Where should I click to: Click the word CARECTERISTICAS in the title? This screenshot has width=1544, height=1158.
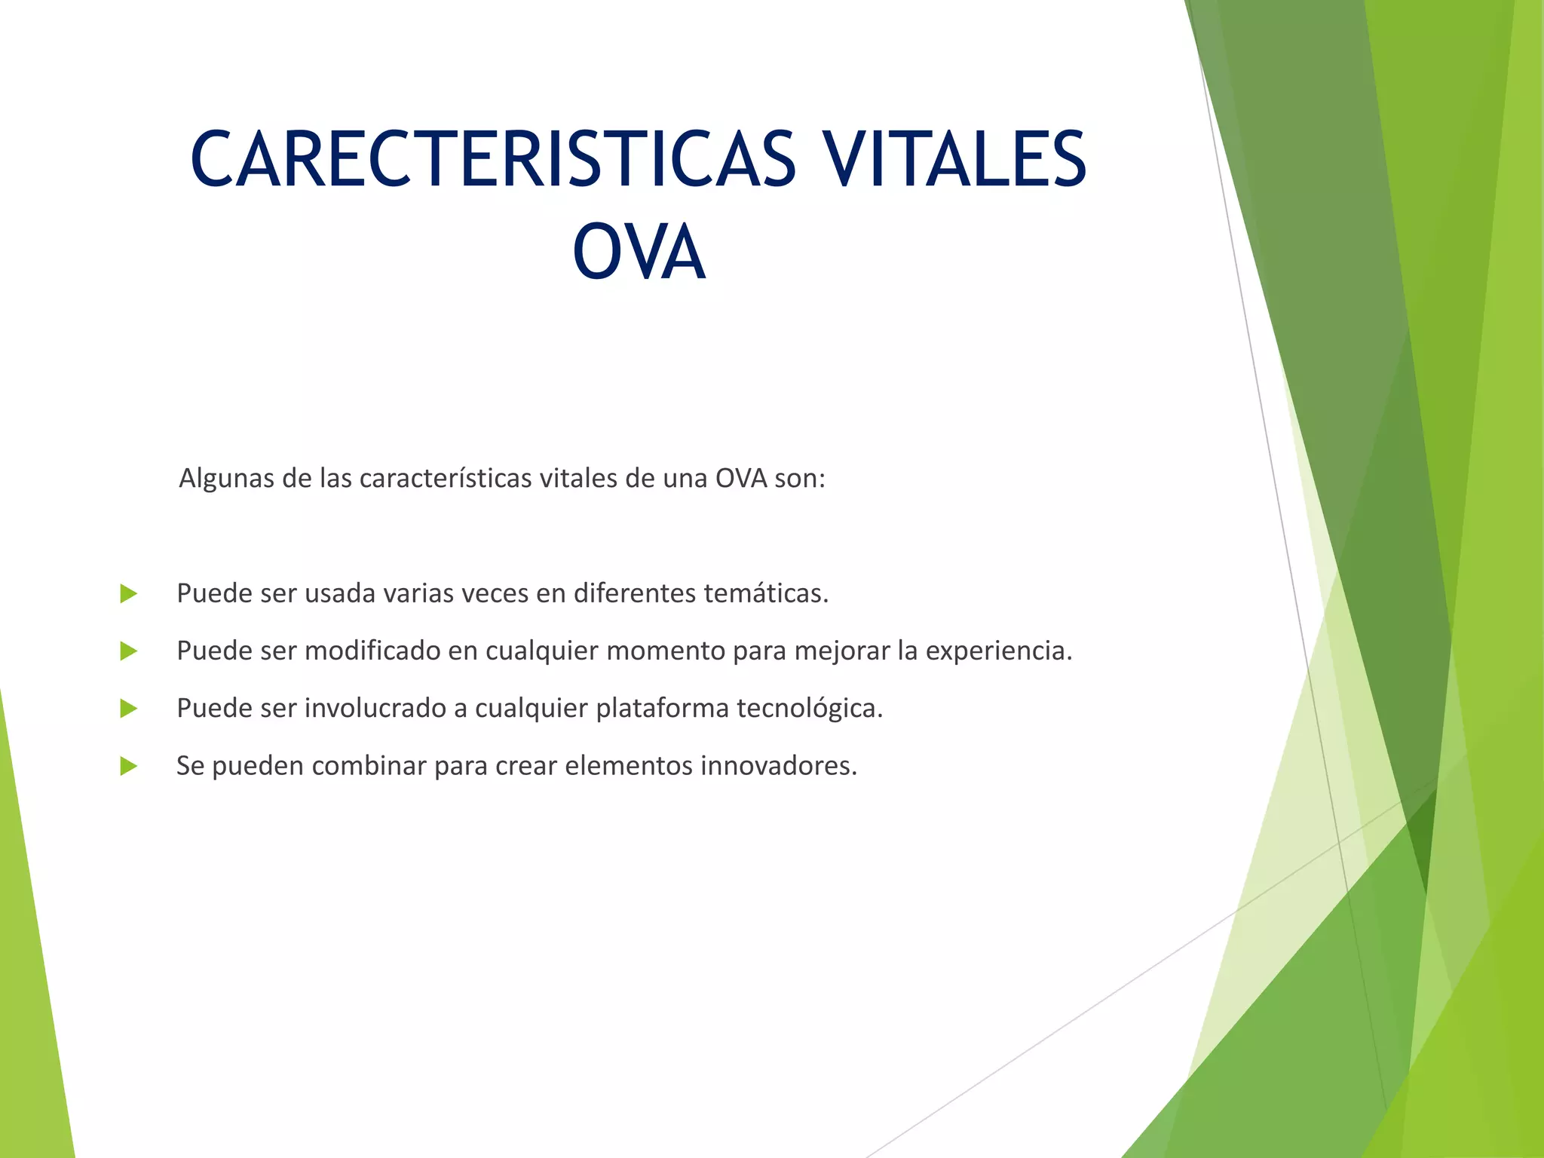493,159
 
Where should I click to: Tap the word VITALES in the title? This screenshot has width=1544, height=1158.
954,159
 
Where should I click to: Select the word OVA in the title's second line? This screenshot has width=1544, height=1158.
639,253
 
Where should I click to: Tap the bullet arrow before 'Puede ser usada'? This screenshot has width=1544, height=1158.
129,594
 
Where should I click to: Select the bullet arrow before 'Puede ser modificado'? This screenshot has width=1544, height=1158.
129,651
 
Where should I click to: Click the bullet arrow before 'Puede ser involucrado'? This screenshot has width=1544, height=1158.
129,709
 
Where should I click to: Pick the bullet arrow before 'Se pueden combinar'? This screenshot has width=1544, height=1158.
129,767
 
